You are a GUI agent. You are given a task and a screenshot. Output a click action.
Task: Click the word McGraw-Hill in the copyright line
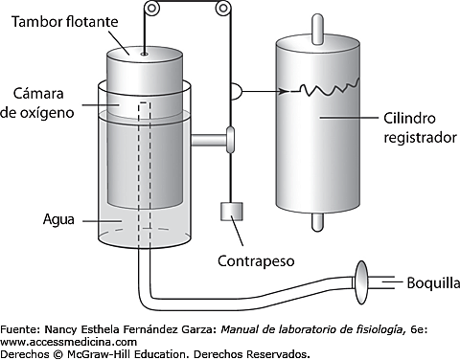106,353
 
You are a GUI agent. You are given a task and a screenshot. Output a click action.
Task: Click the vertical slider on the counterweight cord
230,140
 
